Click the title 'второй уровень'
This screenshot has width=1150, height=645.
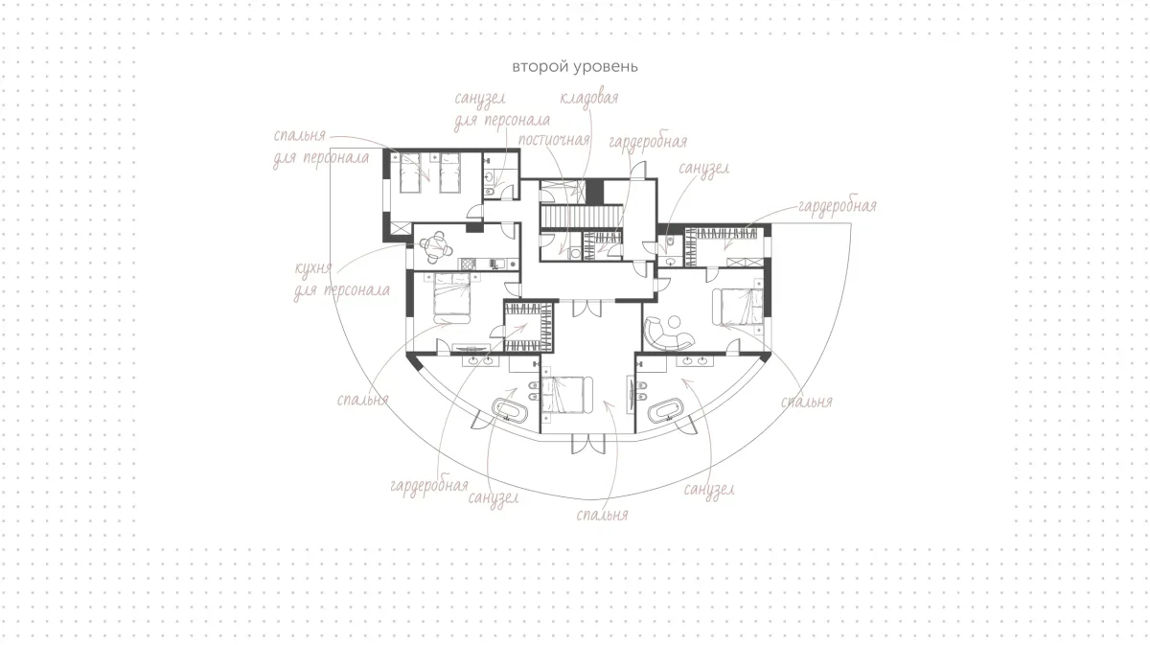coord(575,67)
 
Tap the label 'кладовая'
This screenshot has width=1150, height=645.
coord(588,98)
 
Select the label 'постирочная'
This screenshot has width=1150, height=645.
coord(554,140)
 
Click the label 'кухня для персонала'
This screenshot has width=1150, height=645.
coord(342,279)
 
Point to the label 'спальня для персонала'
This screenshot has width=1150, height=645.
coord(321,147)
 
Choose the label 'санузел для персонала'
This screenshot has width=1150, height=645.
coord(501,110)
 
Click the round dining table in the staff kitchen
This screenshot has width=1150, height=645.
coord(437,245)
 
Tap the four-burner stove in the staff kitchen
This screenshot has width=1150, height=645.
coord(468,264)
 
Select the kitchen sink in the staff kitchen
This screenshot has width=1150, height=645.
coord(497,264)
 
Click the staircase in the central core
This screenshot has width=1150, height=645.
coord(582,217)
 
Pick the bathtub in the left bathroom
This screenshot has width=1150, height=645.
coord(510,410)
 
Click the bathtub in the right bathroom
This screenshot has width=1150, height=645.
coord(666,410)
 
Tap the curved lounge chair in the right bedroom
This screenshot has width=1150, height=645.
coord(666,334)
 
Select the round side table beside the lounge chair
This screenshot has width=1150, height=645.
coord(674,322)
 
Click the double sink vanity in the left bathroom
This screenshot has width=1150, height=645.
coord(480,361)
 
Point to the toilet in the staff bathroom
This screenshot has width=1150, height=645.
coord(491,193)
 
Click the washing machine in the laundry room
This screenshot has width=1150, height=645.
coord(575,253)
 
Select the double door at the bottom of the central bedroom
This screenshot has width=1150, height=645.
coord(588,444)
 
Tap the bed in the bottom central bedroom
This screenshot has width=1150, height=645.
coord(566,395)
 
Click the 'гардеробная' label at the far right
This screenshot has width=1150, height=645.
coord(838,206)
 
